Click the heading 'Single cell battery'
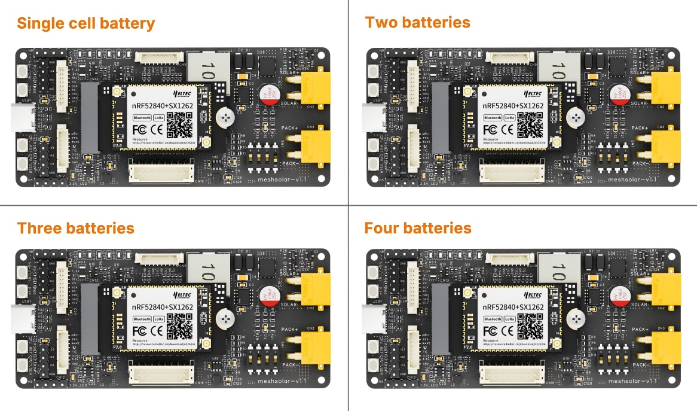[x=85, y=24]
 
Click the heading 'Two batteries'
[x=417, y=23]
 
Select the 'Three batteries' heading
[x=75, y=229]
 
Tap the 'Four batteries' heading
[x=418, y=229]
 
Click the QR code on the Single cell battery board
[x=179, y=124]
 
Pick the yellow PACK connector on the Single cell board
[x=315, y=146]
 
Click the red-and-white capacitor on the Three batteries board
[x=268, y=295]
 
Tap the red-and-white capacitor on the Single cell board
[x=268, y=94]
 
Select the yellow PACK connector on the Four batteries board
[x=666, y=347]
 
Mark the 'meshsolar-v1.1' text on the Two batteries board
[x=632, y=179]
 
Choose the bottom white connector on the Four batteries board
[x=514, y=375]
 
